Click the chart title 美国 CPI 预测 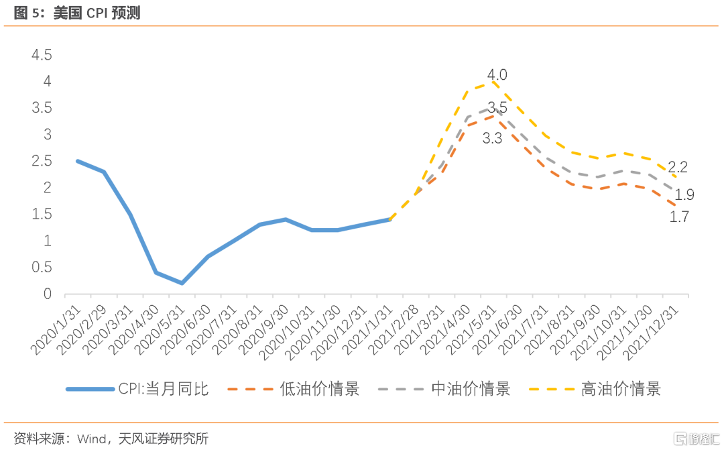pos(97,13)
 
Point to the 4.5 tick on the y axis pos(41,55)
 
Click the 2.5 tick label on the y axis pos(41,161)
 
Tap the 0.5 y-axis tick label pos(41,267)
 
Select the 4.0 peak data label pos(497,74)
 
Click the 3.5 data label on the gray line pos(497,107)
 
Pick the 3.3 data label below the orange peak pos(493,139)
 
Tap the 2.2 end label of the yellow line pos(678,167)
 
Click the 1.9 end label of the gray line pos(684,195)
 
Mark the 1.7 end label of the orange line pos(680,217)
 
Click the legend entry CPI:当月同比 pos(164,389)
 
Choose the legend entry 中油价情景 pos(471,389)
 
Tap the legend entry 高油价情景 pos(621,389)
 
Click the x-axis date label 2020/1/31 pos(57,329)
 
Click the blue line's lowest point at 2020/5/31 pos(182,283)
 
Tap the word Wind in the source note pos(92,439)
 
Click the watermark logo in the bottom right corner pos(697,439)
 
